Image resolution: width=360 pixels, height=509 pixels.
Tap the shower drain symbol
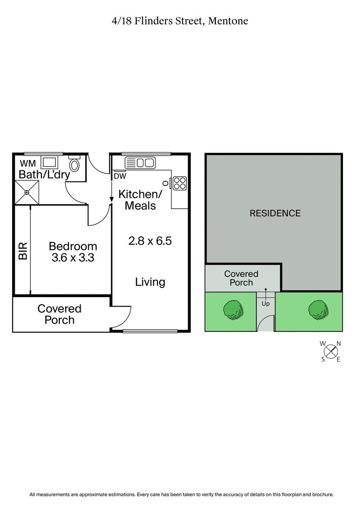click(x=27, y=192)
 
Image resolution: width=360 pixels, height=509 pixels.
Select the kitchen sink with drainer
click(x=139, y=162)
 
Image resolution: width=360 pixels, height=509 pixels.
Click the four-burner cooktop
click(x=180, y=183)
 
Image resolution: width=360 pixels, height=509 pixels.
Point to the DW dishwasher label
click(x=120, y=176)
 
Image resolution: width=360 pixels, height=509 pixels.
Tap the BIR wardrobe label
click(x=22, y=251)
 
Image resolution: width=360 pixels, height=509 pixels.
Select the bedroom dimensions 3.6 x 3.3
click(x=73, y=258)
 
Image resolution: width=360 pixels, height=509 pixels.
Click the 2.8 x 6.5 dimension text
click(x=150, y=241)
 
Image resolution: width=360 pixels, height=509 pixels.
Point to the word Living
click(x=150, y=282)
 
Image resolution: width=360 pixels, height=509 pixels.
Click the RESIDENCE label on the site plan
click(x=275, y=213)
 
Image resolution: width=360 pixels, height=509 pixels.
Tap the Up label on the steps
click(x=265, y=304)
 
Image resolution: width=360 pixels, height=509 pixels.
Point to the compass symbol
click(x=331, y=351)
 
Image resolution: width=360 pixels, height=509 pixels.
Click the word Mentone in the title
click(x=228, y=21)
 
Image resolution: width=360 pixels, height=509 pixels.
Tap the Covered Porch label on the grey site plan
click(x=241, y=278)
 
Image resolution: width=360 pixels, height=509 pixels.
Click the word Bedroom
click(x=73, y=246)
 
